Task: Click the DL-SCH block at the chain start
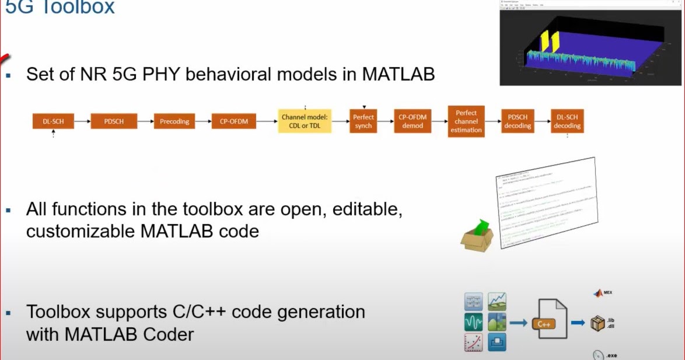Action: click(53, 121)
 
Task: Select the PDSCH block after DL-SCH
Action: click(114, 121)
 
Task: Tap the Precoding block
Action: click(174, 121)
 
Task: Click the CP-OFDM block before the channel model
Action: click(233, 121)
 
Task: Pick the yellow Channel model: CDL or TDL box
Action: click(305, 121)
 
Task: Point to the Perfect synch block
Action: click(363, 121)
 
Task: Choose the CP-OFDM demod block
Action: click(413, 121)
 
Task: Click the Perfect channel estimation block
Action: click(466, 121)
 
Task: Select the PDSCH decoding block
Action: click(518, 121)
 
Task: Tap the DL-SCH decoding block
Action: click(567, 121)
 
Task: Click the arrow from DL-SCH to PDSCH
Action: click(82, 121)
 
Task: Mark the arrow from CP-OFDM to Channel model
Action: click(267, 121)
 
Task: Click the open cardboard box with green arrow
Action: click(477, 236)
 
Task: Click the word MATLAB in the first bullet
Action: click(398, 75)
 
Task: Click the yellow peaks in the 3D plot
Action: click(549, 41)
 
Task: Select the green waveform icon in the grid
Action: click(473, 321)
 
